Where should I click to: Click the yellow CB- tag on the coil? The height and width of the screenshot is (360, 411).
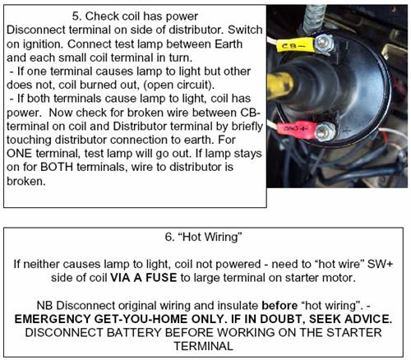295,45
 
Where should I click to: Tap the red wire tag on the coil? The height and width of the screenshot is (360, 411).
297,129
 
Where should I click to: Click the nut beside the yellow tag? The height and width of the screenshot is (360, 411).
324,44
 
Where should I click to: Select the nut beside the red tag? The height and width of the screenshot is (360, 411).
325,132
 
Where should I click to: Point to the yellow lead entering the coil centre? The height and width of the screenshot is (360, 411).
280,85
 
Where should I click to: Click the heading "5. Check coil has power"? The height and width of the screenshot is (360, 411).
135,16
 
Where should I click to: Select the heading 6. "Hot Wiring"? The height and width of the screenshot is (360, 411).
203,237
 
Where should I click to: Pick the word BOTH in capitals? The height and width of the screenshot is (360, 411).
57,167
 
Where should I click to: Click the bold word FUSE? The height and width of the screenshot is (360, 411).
161,278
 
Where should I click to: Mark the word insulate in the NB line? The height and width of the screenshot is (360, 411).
238,305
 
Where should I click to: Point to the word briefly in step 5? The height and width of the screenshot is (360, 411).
247,127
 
